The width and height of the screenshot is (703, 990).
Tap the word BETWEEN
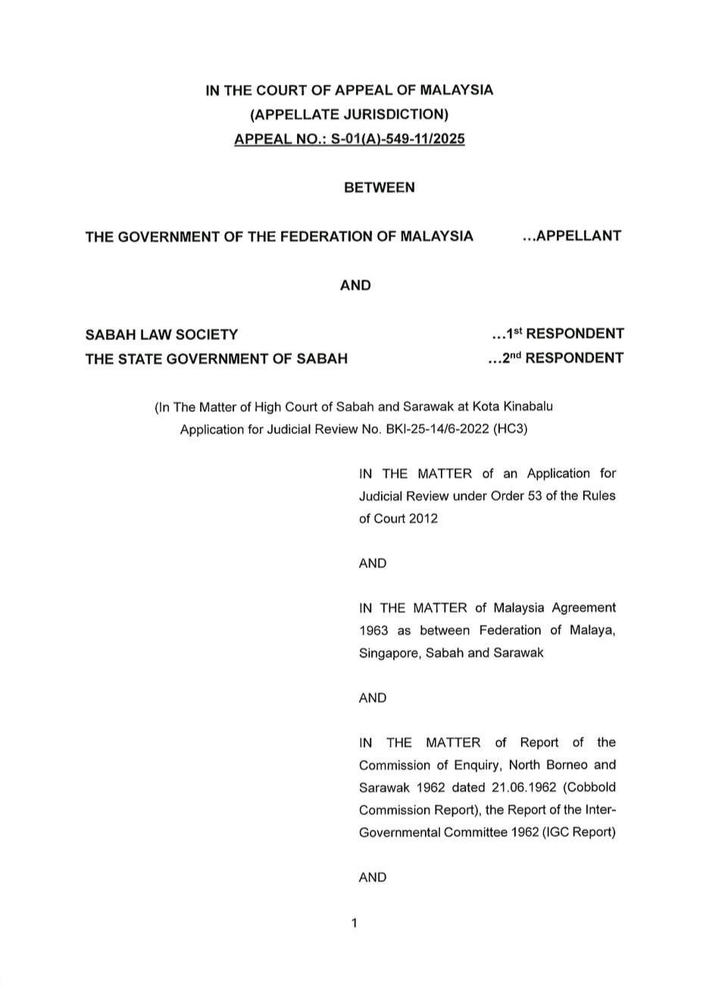click(x=380, y=187)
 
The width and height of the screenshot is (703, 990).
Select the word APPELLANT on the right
click(x=577, y=236)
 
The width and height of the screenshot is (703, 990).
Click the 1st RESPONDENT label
click(x=558, y=334)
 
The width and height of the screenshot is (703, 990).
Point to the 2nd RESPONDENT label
click(x=556, y=358)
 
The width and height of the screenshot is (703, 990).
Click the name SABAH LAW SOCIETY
click(x=161, y=334)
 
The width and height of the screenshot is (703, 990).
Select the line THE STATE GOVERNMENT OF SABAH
click(x=217, y=359)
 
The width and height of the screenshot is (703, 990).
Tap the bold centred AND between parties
click(x=355, y=286)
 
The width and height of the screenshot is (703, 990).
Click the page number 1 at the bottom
click(x=354, y=923)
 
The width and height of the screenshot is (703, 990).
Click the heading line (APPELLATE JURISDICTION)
click(x=349, y=114)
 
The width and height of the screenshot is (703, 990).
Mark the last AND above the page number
click(x=373, y=877)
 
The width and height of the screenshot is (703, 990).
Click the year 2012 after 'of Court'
click(x=423, y=519)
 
